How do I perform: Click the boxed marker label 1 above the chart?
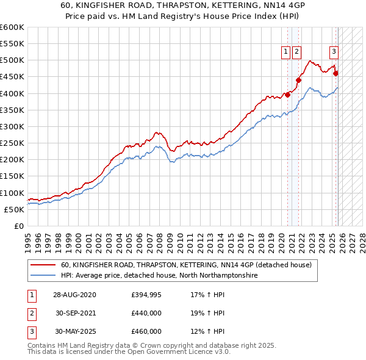[x=285, y=52]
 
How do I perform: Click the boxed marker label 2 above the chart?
[x=296, y=52]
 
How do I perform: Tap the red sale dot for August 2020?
[x=287, y=95]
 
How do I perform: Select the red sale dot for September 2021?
[x=299, y=80]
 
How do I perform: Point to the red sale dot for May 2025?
[x=335, y=73]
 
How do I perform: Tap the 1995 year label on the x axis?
[x=28, y=238]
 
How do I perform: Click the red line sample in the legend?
[x=43, y=265]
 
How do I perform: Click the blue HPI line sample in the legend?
[x=43, y=276]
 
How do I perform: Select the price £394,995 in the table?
[x=146, y=295]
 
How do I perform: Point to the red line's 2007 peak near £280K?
[x=157, y=132]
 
